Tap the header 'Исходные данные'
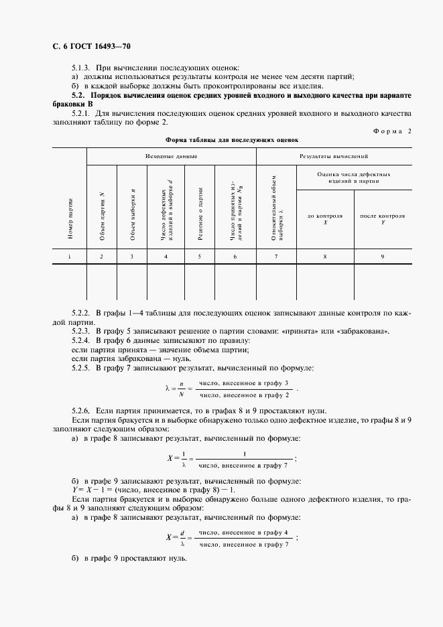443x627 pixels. click(171, 155)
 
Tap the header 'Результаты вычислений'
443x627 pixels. click(333, 155)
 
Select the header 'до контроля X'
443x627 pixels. click(325, 219)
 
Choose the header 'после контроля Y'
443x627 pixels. click(382, 219)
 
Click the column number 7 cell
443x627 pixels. click(276, 257)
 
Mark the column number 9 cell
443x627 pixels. click(382, 257)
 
